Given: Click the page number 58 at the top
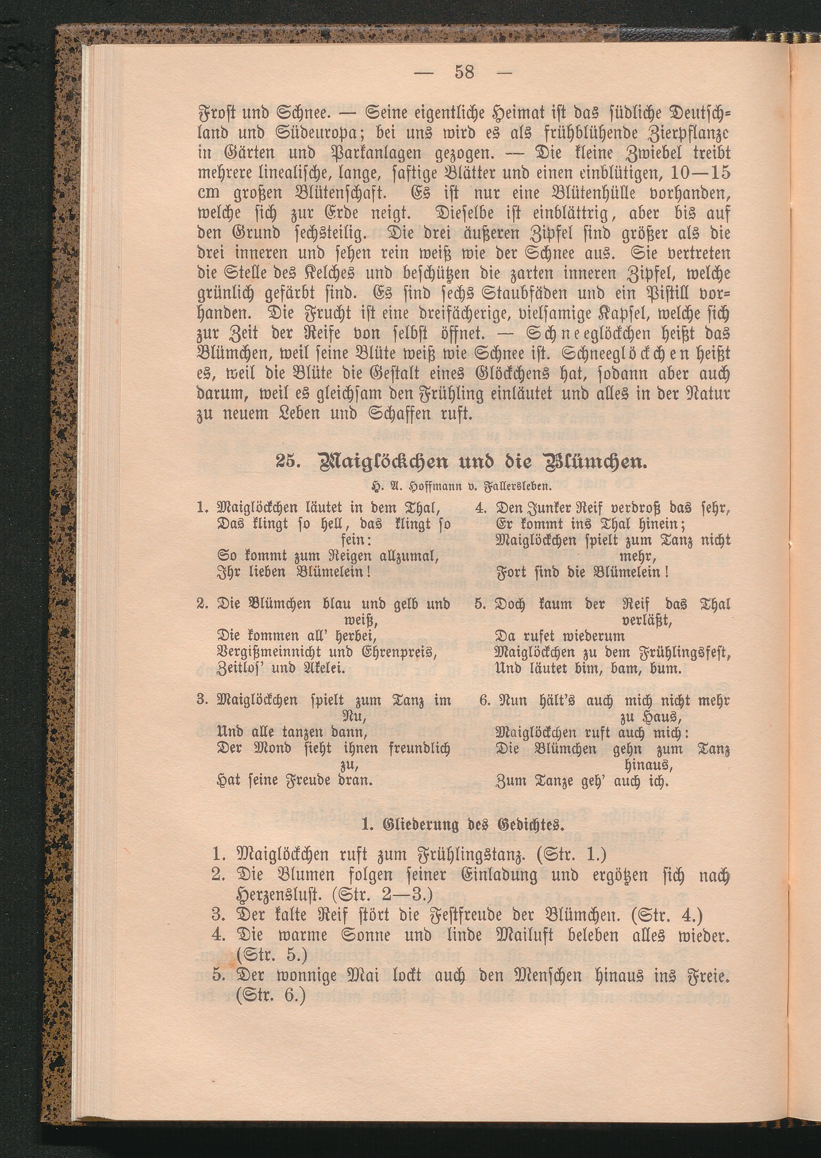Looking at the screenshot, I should [465, 72].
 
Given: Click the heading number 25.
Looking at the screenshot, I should [287, 462].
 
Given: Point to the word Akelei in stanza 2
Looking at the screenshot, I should [323, 669].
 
